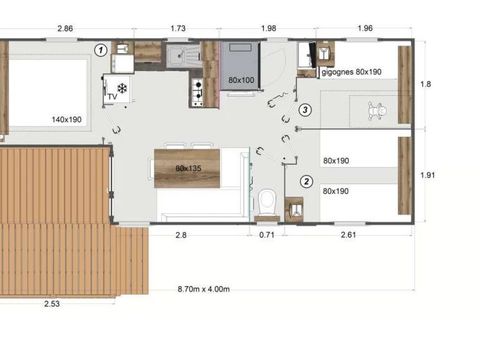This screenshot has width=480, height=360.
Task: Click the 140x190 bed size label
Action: tap(67, 119)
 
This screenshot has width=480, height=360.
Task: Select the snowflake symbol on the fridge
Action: tap(122, 88)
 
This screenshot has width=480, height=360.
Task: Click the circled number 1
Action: tap(100, 48)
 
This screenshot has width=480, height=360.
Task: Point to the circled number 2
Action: tap(307, 182)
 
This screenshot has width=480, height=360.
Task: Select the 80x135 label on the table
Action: tap(189, 168)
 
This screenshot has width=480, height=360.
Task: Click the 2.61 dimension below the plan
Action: tap(349, 234)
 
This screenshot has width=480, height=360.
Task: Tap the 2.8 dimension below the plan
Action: tap(182, 234)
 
